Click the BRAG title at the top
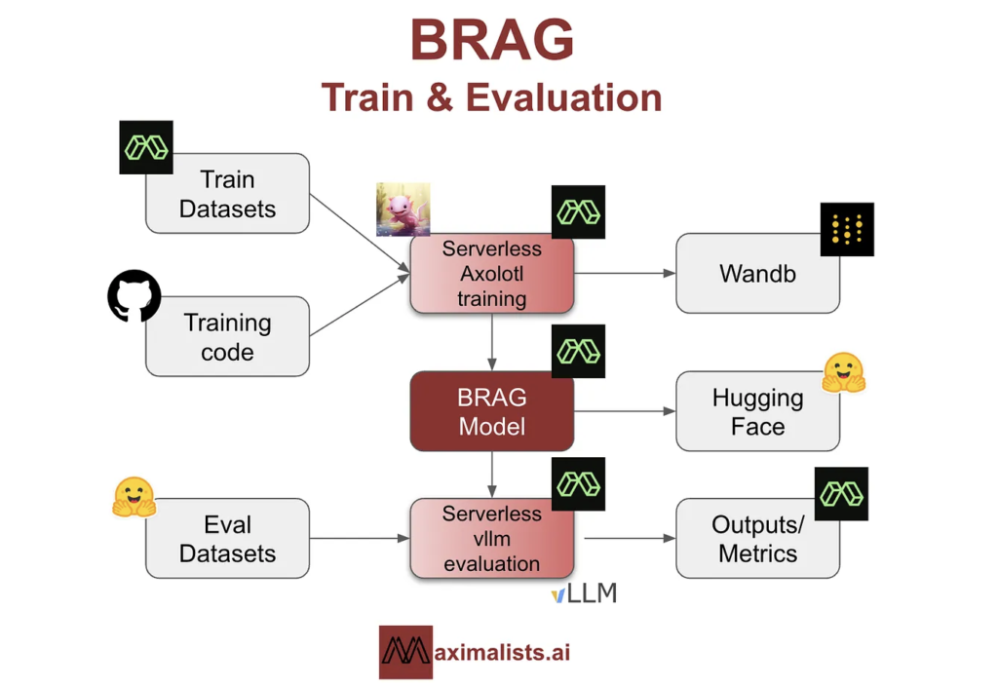coord(491,41)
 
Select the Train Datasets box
coord(227,194)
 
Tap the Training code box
coord(227,337)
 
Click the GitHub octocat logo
coord(134,296)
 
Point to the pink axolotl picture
coord(403,209)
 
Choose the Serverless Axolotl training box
coord(491,274)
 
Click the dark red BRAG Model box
coord(491,411)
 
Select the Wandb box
coord(757,274)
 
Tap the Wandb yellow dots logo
coord(846,230)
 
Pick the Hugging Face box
coord(757,411)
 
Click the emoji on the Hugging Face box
coord(843,372)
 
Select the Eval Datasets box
coord(227,539)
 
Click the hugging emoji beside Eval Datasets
coord(134,497)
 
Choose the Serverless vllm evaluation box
coord(491,538)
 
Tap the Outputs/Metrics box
coord(757,539)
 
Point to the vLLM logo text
coord(584,593)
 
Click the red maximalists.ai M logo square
coord(405,652)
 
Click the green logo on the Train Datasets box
coord(146,148)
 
